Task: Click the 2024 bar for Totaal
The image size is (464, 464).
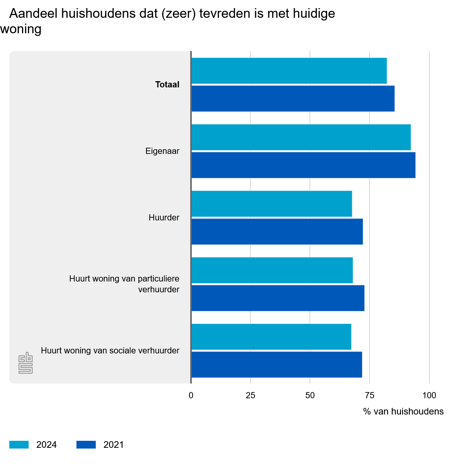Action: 289,71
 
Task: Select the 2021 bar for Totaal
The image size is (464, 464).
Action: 293,99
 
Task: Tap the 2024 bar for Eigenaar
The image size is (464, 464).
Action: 301,137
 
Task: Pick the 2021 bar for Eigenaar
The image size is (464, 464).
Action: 303,165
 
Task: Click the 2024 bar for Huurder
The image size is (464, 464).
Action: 271,204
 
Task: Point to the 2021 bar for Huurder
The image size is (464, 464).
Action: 277,232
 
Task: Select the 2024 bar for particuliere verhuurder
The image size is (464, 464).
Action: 272,270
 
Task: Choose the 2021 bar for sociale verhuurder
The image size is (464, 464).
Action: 276,365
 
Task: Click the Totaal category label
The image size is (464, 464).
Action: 167,85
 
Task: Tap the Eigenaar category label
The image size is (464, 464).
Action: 162,151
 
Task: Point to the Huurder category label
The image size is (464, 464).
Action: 164,218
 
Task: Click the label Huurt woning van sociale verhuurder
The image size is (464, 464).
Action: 110,351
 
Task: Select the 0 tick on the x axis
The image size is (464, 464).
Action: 191,396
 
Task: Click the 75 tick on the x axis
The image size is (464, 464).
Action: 370,396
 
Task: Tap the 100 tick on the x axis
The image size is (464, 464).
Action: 429,396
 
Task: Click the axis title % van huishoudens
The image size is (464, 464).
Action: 403,411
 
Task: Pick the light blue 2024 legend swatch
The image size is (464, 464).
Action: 19,445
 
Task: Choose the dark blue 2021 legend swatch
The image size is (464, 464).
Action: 86,445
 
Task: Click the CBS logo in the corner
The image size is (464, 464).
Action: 26,363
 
